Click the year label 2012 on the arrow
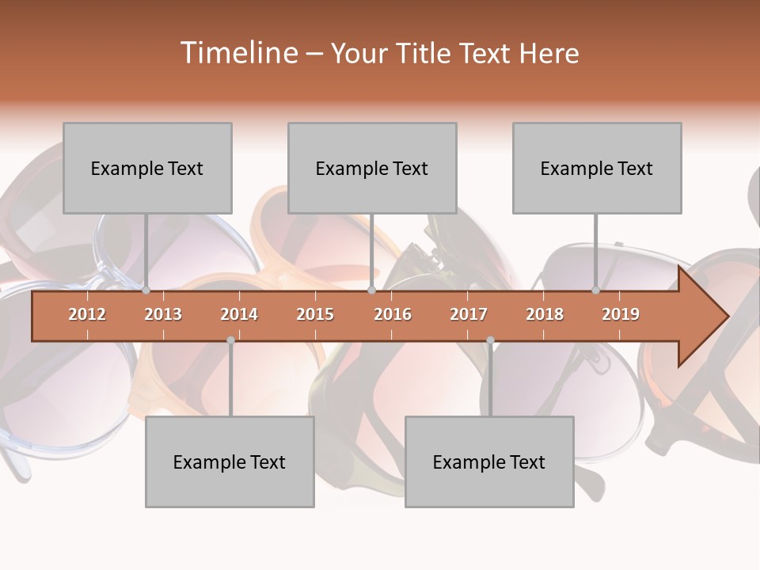87,314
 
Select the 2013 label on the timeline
163,314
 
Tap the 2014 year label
239,314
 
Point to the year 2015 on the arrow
315,314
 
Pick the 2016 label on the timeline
393,314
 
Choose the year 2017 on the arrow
469,314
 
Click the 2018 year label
545,314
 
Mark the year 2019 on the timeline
621,314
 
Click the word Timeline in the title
237,53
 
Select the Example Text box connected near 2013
147,168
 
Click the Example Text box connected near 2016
372,168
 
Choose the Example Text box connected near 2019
597,168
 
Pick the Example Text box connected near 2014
230,462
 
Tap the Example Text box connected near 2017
489,462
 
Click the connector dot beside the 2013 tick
146,291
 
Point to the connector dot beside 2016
371,291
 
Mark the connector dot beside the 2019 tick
596,291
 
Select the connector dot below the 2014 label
230,340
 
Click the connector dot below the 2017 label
490,340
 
